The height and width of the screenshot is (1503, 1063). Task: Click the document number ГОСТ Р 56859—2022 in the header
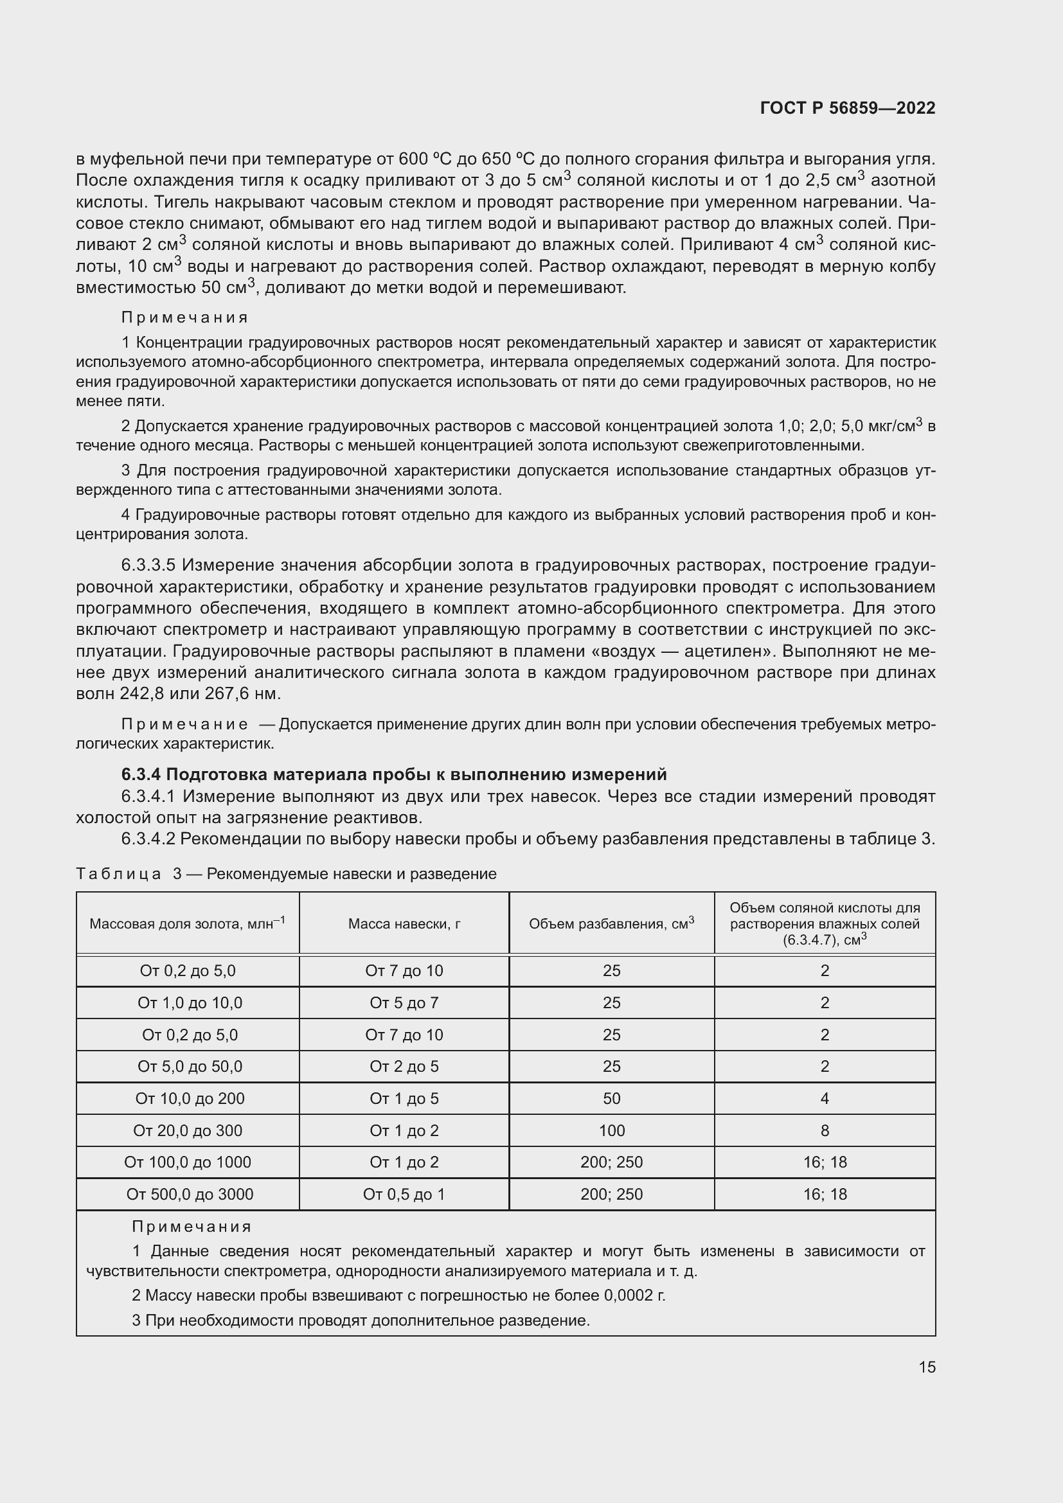[848, 108]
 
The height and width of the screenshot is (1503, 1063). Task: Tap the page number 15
[927, 1367]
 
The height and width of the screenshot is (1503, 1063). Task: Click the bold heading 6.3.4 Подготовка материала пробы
[393, 774]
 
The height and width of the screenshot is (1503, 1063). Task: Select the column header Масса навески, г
[404, 923]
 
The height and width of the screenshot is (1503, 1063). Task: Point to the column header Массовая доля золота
[187, 923]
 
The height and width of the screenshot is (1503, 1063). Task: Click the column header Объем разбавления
[611, 923]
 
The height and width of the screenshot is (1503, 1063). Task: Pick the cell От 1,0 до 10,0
[190, 1003]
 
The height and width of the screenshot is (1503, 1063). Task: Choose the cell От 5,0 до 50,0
[190, 1067]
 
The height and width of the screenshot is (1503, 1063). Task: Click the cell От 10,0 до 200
[190, 1098]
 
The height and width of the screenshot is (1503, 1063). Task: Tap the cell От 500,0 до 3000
[190, 1194]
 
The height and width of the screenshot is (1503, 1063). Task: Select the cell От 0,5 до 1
[404, 1194]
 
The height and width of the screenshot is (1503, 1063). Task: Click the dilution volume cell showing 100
[611, 1130]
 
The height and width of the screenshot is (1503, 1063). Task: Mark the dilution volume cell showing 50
[611, 1098]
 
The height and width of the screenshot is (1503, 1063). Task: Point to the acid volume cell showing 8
[825, 1130]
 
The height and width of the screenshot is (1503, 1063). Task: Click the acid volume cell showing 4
[825, 1098]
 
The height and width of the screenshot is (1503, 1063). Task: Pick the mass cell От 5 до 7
[404, 1003]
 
